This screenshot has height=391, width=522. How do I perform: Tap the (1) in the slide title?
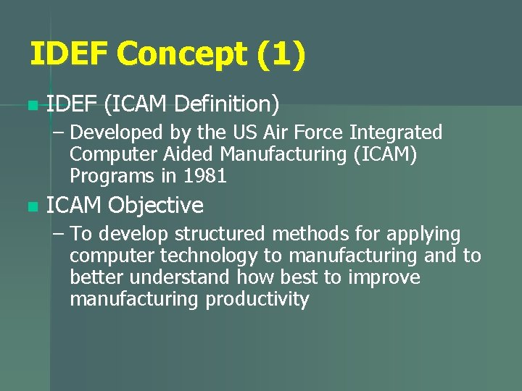(280, 55)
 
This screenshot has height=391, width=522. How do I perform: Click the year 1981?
(205, 176)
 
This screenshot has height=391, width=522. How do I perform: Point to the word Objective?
(155, 206)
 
